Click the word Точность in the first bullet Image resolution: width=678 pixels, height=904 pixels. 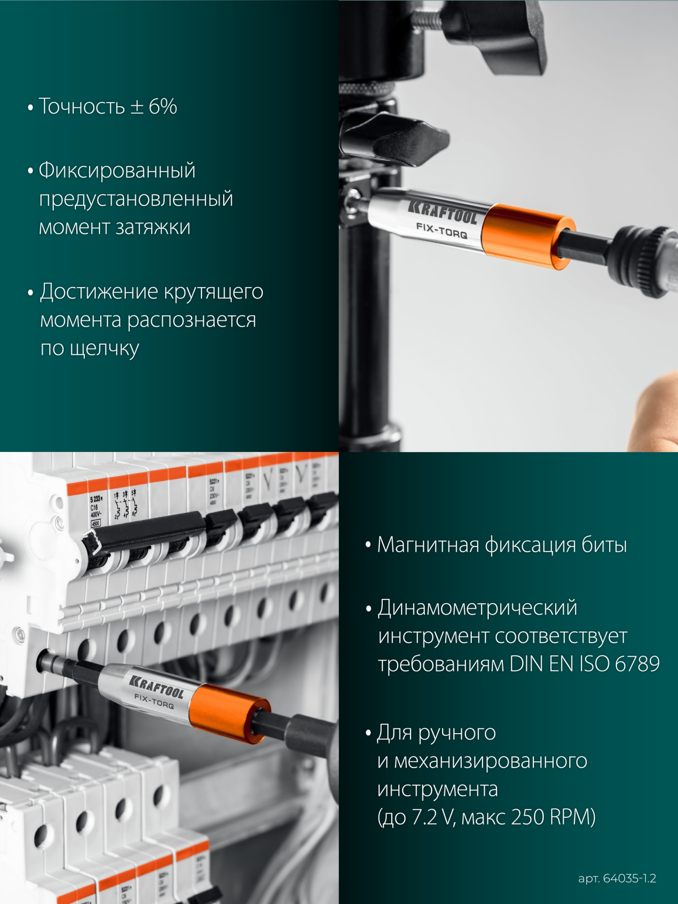[x=81, y=107]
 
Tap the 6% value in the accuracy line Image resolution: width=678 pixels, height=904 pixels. [x=163, y=107]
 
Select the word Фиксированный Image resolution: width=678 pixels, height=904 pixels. [x=117, y=170]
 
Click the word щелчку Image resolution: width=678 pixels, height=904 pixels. [x=104, y=349]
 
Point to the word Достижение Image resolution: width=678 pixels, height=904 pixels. [x=99, y=292]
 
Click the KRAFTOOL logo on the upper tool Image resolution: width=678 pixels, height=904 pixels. [x=443, y=211]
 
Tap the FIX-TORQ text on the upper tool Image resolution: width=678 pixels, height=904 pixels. [x=441, y=230]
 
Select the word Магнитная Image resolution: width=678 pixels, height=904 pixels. [x=428, y=545]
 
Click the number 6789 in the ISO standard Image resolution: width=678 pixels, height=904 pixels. [x=637, y=664]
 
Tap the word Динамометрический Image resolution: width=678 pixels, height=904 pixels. [x=477, y=608]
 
